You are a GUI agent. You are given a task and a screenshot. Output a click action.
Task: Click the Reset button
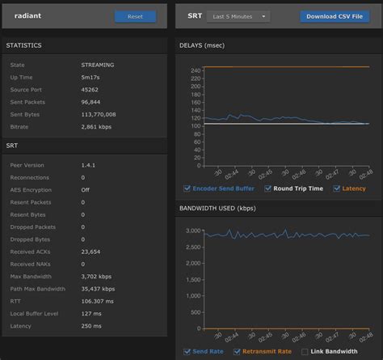[x=135, y=16]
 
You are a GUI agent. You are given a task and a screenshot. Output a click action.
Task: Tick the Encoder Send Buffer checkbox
[x=187, y=188]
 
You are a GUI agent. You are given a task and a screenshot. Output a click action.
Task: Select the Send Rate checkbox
[x=187, y=351]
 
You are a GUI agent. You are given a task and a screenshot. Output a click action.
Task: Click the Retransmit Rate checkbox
[x=237, y=351]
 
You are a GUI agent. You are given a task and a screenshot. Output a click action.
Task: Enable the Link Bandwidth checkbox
[x=305, y=351]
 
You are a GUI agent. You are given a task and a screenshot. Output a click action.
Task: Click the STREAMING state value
[x=97, y=63]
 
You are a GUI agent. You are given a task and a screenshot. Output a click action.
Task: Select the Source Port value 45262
[x=90, y=89]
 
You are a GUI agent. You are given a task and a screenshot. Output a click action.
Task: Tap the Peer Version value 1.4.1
[x=89, y=164]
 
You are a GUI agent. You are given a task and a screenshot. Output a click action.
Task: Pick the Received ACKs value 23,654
[x=91, y=251]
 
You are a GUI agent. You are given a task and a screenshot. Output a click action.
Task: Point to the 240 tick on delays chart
[x=195, y=70]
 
